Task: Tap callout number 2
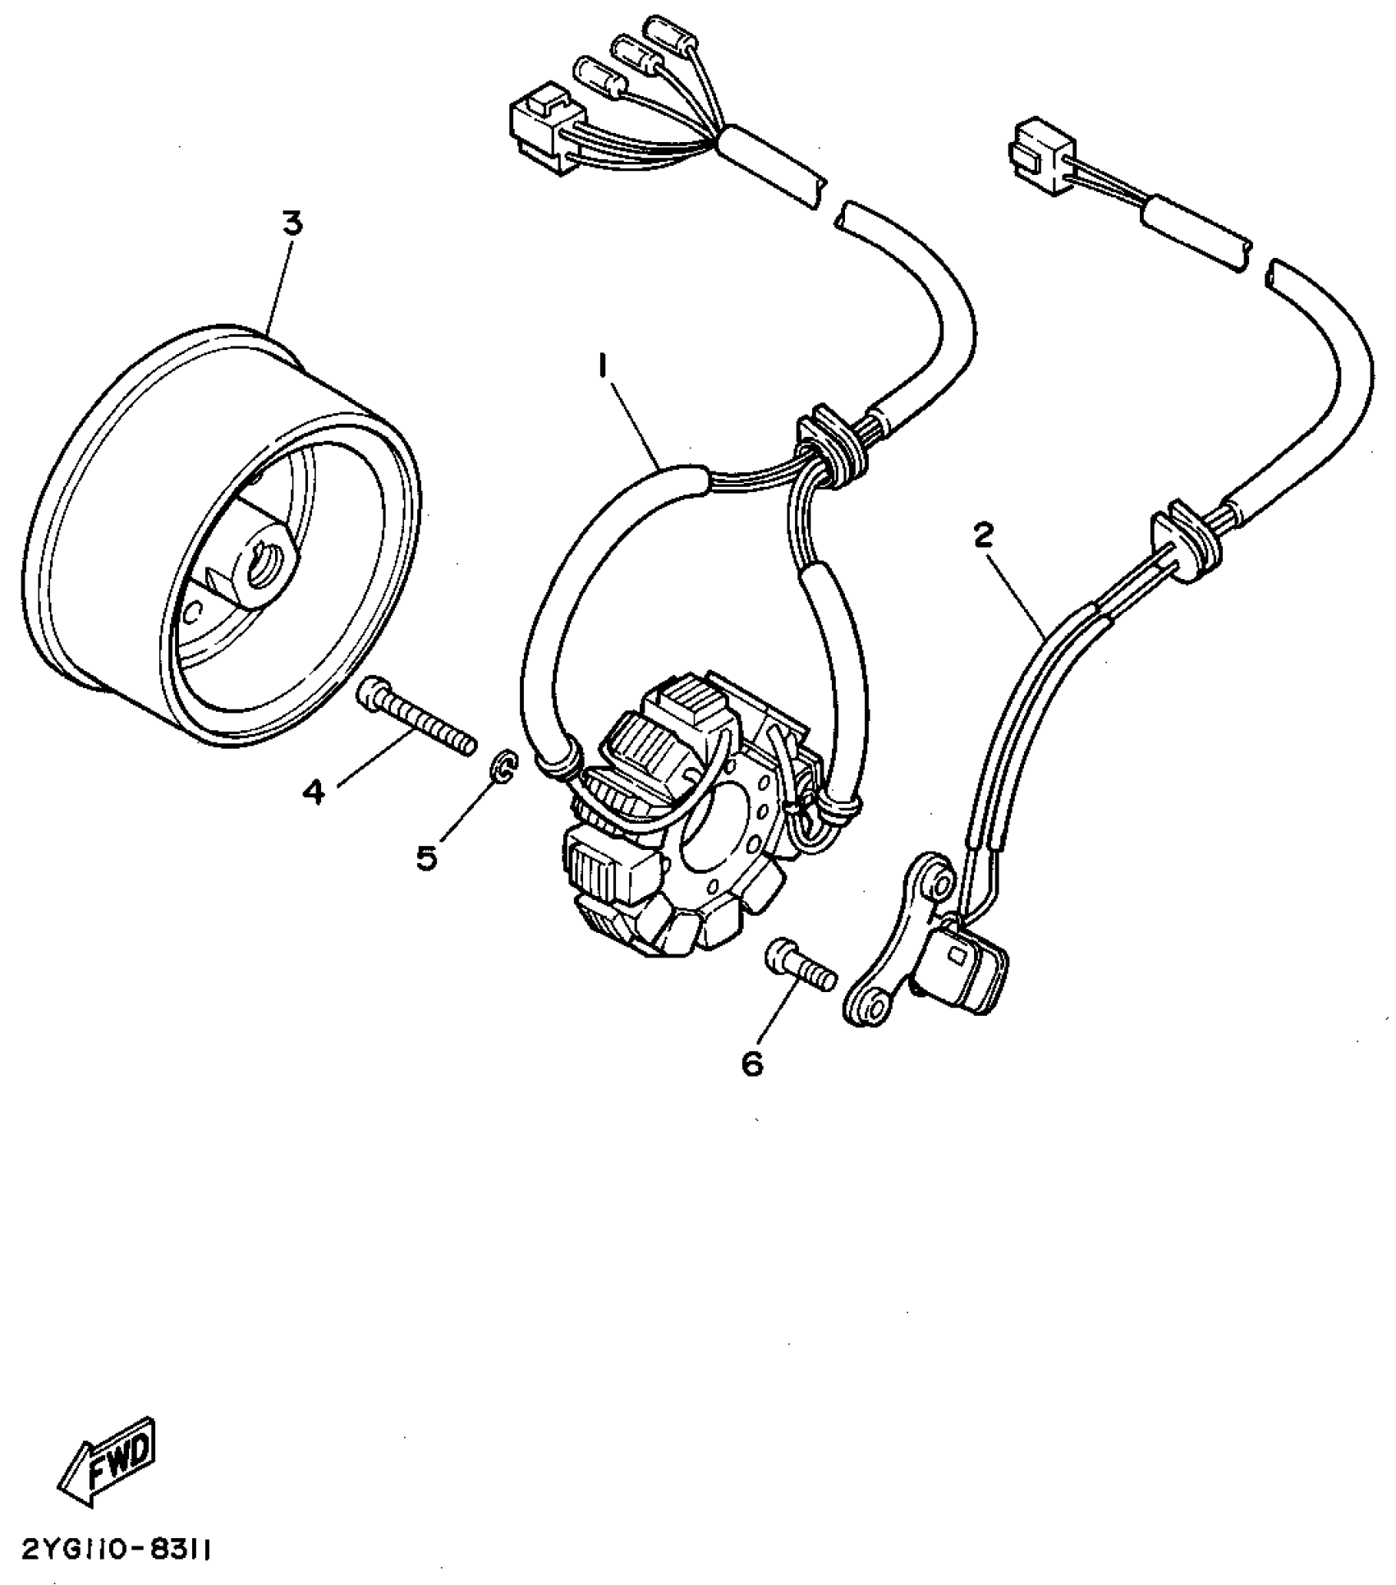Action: click(982, 536)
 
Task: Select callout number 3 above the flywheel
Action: click(293, 223)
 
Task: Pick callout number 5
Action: click(426, 857)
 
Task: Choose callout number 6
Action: click(751, 1063)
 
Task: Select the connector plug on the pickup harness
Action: click(1036, 153)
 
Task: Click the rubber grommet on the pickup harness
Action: click(1182, 542)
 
